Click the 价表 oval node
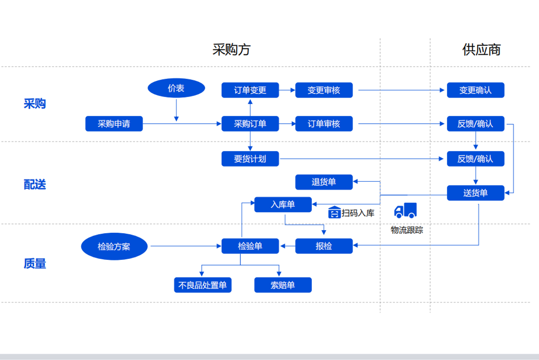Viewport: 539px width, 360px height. pos(176,89)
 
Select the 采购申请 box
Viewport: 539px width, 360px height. pos(114,124)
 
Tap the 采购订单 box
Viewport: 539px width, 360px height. pos(250,124)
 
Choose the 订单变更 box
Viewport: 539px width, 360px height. pos(250,90)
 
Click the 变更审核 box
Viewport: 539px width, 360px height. pos(324,90)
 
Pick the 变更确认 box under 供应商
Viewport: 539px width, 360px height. pos(475,90)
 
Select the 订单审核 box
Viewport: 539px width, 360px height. pos(324,124)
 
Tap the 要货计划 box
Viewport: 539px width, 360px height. pos(250,159)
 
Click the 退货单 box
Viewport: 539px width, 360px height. pos(324,182)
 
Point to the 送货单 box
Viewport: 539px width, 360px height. pos(475,193)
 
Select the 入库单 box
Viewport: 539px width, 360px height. pos(283,204)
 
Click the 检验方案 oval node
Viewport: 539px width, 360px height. pos(114,246)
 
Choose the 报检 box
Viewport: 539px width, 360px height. pos(324,246)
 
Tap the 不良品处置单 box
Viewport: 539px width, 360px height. pos(203,285)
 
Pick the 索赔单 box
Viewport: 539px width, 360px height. pos(283,285)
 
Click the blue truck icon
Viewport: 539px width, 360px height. pos(405,210)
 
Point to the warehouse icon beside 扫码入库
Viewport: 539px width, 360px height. pos(334,212)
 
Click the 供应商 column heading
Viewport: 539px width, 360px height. pos(482,49)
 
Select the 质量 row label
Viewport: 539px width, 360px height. pos(35,263)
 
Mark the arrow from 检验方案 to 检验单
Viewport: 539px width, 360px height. pos(184,246)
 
